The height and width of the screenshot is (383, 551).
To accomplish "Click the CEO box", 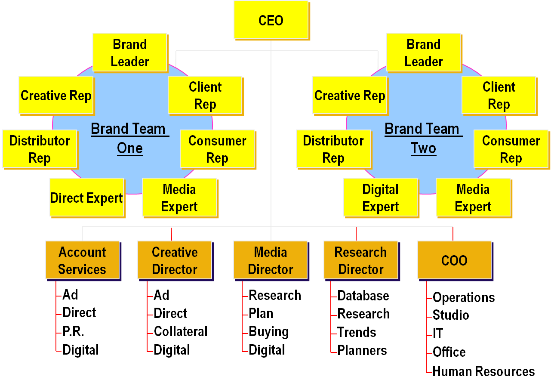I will (271, 20).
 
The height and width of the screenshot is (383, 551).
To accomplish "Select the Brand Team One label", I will (129, 138).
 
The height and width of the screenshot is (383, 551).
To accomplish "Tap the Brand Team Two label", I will (423, 138).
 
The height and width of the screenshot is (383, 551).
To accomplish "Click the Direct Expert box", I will (87, 198).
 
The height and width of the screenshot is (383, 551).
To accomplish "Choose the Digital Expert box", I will (380, 198).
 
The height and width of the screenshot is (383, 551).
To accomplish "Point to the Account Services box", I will (82, 260).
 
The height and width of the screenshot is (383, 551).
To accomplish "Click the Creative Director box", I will (175, 260).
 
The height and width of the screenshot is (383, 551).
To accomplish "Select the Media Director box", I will (271, 260).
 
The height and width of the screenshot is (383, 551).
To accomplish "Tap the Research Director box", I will (360, 260).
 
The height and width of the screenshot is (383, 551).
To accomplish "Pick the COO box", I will (454, 260).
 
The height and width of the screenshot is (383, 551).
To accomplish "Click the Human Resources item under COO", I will (483, 371).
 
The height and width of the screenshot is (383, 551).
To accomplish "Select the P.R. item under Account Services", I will (73, 331).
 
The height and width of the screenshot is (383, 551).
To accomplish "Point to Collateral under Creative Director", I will (181, 331).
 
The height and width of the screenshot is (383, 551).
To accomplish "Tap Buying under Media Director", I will (268, 332).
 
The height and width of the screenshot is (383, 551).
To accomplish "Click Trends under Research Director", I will (357, 332).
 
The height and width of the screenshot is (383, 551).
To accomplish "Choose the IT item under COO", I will (437, 334).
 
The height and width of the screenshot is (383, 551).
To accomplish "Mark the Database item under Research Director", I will (363, 296).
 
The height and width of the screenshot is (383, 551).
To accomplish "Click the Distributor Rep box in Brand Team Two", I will (333, 149).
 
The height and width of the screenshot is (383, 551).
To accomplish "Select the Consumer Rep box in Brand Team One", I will (217, 149).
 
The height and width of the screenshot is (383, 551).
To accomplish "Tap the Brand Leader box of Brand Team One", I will (129, 53).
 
